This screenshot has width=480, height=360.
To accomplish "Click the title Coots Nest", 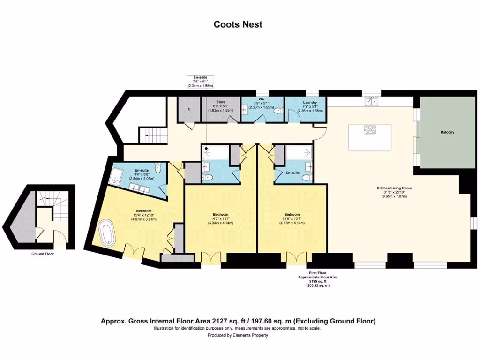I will click(x=238, y=24).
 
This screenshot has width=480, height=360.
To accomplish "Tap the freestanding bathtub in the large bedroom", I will click(x=107, y=233).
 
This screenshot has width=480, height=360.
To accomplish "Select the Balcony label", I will click(x=447, y=132).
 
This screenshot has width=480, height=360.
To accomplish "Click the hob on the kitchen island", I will click(x=369, y=129).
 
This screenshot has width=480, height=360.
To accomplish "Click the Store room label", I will click(x=220, y=102).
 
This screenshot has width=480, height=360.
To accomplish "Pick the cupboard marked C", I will click(x=189, y=109).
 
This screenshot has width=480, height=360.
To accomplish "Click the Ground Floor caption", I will click(x=43, y=254).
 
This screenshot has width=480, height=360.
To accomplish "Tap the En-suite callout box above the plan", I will click(x=200, y=81).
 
